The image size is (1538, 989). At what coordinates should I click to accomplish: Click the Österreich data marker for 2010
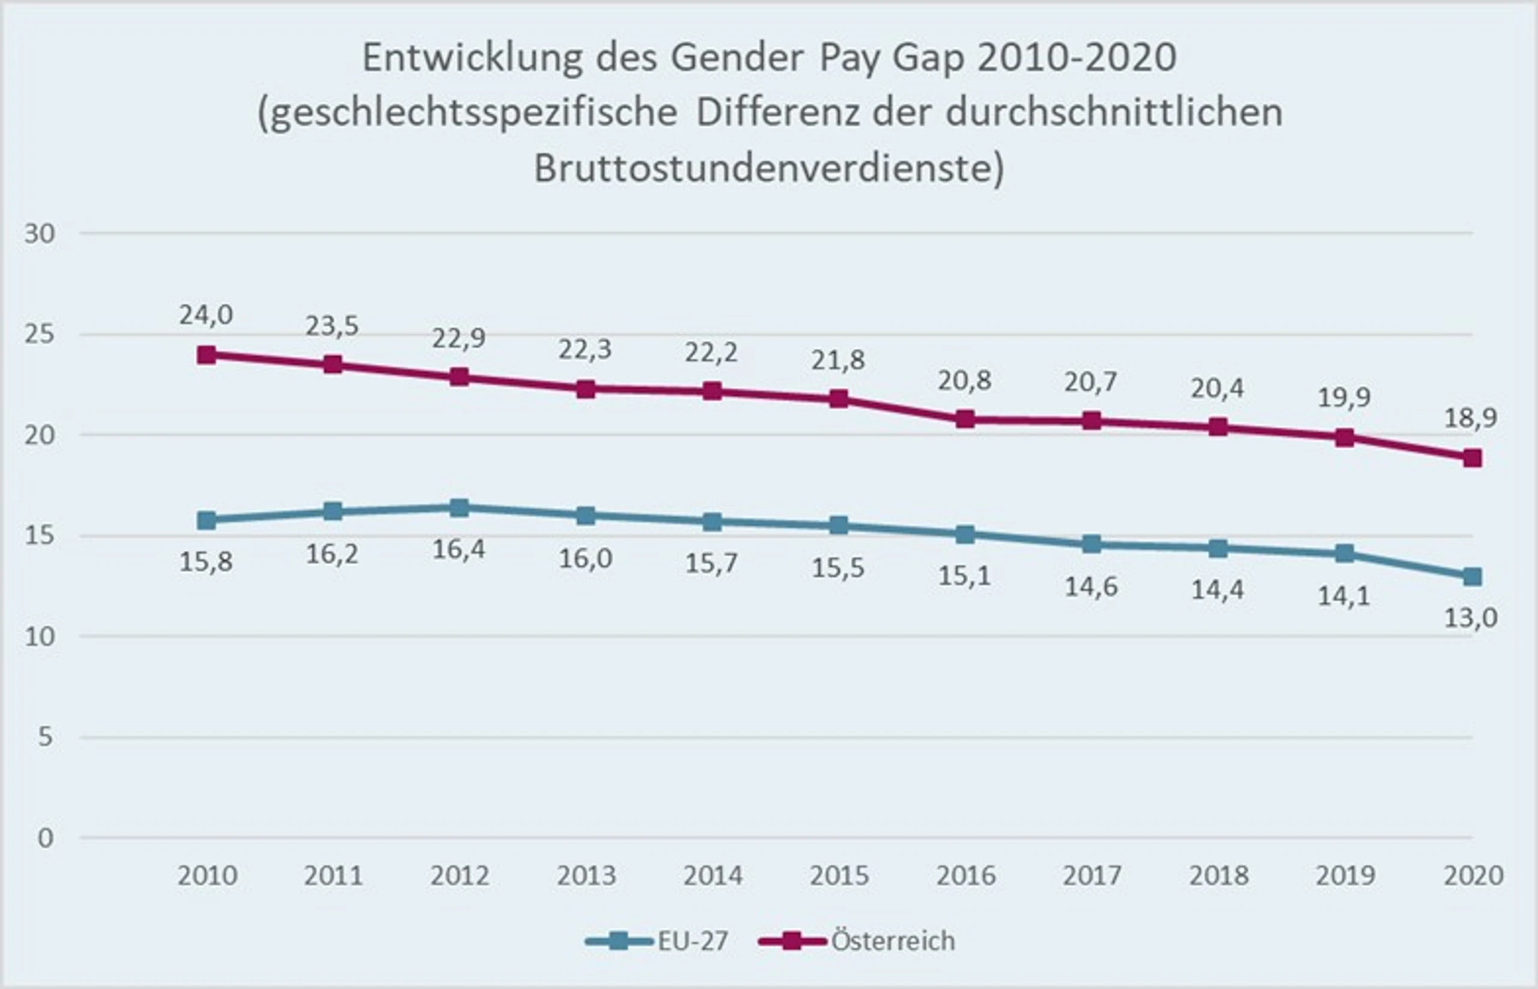[x=206, y=355]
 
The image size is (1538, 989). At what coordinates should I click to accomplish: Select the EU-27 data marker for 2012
[x=459, y=508]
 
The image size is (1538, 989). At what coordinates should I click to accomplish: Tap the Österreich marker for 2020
[x=1472, y=458]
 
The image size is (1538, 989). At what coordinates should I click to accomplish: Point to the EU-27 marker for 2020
[x=1472, y=577]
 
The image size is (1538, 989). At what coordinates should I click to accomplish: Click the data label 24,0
[x=205, y=315]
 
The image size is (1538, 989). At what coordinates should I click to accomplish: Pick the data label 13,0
[x=1471, y=618]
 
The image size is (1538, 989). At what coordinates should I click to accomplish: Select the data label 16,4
[x=458, y=550]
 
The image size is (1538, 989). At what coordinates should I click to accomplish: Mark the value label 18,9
[x=1471, y=418]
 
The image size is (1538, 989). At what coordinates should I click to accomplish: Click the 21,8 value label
[x=838, y=361]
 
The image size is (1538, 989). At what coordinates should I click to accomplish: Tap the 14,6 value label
[x=1091, y=586]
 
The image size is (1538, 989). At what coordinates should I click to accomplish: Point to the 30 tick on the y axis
[x=40, y=234]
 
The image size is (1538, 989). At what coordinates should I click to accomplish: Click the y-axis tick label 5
[x=46, y=737]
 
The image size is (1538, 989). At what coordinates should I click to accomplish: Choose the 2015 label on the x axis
[x=839, y=876]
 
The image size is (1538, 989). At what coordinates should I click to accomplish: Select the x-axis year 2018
[x=1218, y=876]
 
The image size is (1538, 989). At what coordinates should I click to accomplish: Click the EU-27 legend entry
[x=657, y=942]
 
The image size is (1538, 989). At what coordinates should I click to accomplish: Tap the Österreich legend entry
[x=857, y=941]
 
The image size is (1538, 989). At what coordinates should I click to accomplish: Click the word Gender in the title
[x=737, y=58]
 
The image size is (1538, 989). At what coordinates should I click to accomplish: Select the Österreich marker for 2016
[x=964, y=419]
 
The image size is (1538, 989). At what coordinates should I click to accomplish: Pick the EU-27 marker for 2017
[x=1091, y=544]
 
